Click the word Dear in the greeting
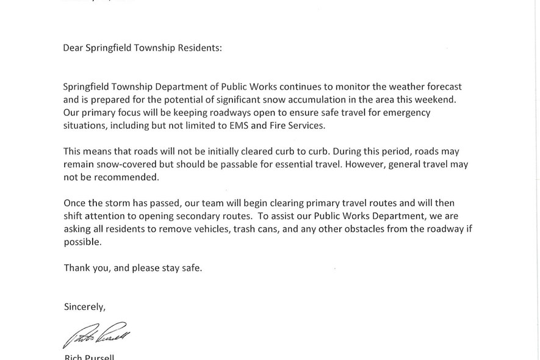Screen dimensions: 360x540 pyautogui.click(x=73, y=48)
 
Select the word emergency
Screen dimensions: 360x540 pyautogui.click(x=403, y=113)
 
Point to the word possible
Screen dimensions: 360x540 pyautogui.click(x=82, y=242)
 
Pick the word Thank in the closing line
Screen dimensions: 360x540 pyautogui.click(x=76, y=268)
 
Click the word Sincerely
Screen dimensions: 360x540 pyautogui.click(x=85, y=307)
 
